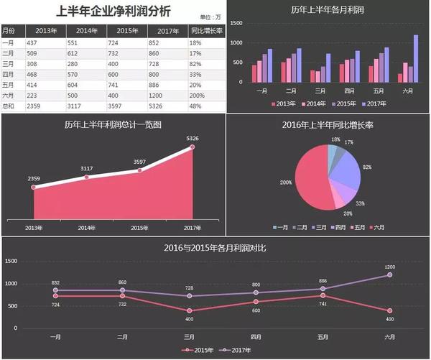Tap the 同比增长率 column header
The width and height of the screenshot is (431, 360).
click(206, 30)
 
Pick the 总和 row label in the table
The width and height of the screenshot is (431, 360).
click(9, 106)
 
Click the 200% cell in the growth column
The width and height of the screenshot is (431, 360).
click(198, 95)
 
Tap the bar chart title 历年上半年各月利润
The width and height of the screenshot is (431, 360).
click(328, 10)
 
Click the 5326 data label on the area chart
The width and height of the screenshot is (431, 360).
click(193, 138)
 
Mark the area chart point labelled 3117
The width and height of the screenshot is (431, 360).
click(87, 176)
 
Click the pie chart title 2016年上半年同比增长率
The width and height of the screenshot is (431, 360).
click(328, 125)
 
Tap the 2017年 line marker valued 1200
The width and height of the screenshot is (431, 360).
click(389, 274)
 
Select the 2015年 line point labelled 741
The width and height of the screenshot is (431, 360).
click(323, 295)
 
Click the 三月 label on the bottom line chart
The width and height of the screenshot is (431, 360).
click(189, 336)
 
